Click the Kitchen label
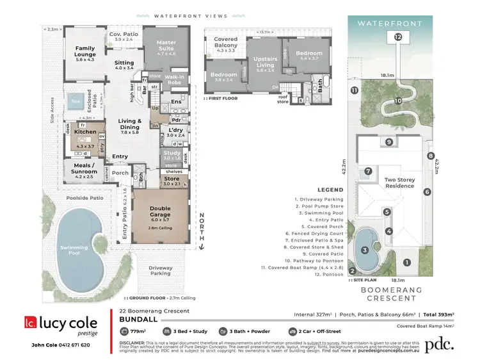point(85,131)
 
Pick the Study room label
point(171,154)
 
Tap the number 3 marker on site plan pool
point(364,250)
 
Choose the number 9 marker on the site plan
point(388,142)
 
